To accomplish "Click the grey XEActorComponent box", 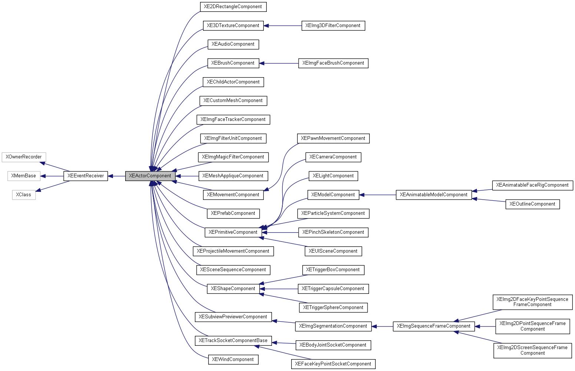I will [x=150, y=176].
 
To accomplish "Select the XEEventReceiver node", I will [x=86, y=176].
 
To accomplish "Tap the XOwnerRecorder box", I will [x=24, y=157].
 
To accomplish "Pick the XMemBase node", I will [x=24, y=176].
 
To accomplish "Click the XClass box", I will [x=24, y=195].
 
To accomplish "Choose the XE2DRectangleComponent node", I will [x=233, y=7].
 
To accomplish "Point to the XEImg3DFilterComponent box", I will [x=333, y=26].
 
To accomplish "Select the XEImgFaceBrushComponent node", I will [x=333, y=63].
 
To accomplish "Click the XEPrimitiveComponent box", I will [x=233, y=232].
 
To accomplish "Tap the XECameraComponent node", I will [x=333, y=157].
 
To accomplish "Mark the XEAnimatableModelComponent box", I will [x=433, y=195].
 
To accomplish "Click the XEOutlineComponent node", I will [x=532, y=204].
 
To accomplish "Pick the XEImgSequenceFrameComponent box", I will [x=433, y=326].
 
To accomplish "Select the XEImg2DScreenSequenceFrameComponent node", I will [x=532, y=350].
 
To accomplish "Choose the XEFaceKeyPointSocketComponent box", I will [x=333, y=364].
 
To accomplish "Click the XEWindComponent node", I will [x=233, y=359].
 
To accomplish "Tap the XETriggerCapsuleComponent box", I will [x=333, y=289].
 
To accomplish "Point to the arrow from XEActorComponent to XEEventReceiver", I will [x=116, y=176].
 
